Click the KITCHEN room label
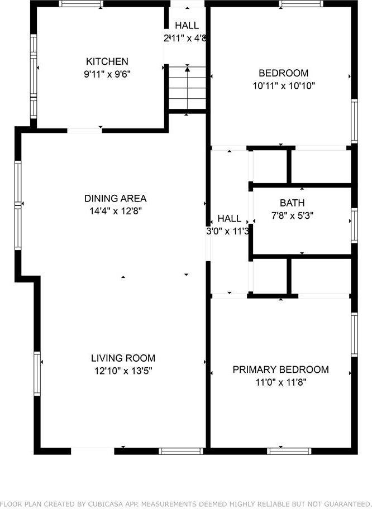(x=107, y=61)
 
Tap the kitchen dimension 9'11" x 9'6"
(x=107, y=74)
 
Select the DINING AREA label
(x=115, y=198)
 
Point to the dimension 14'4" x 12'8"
(x=115, y=211)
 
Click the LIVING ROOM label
(x=123, y=358)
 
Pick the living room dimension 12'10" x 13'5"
(x=123, y=370)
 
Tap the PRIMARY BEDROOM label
(x=280, y=369)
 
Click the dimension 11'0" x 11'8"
(x=280, y=382)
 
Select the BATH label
(x=292, y=203)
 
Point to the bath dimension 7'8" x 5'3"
(x=292, y=216)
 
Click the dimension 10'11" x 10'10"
(x=283, y=86)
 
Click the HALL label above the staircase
(x=187, y=26)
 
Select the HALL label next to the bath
(x=229, y=218)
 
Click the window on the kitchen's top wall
(x=82, y=4)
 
